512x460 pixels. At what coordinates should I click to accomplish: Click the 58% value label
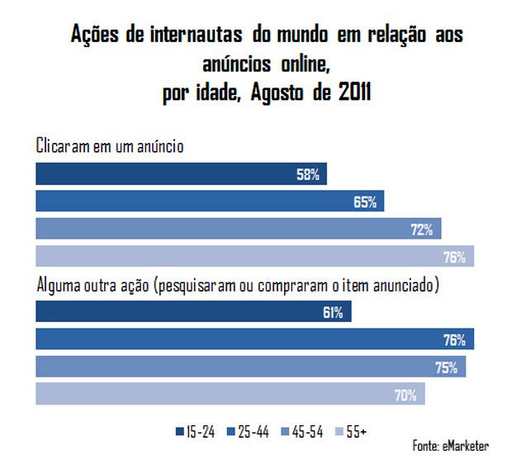tap(310, 175)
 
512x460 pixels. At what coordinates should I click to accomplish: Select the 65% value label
tap(366, 202)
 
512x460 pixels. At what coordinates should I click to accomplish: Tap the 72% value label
tap(422, 230)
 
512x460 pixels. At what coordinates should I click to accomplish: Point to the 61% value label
tap(334, 313)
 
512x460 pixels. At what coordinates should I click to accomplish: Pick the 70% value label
tap(405, 395)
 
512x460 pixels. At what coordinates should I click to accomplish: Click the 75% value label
tap(447, 368)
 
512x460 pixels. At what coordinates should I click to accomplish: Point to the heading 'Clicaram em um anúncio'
tap(109, 146)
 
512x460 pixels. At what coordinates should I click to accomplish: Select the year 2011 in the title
tap(354, 92)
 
